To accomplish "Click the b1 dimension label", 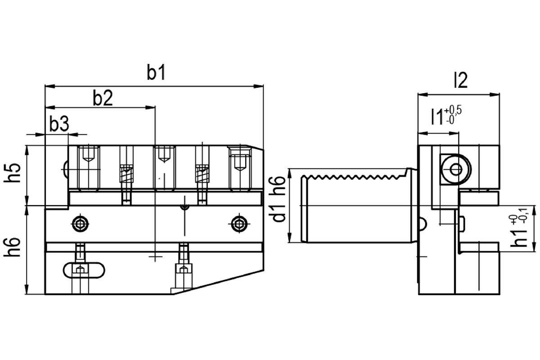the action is pos(156,72).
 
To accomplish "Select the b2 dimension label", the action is pos(103,98).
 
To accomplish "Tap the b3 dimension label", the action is pos(59,123).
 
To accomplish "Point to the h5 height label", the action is pos(12,173).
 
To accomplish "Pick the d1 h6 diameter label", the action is pos(279,199).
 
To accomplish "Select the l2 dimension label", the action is pos(461,80).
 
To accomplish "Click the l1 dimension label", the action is pos(437,117).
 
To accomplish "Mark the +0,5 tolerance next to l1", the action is pos(453,111).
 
